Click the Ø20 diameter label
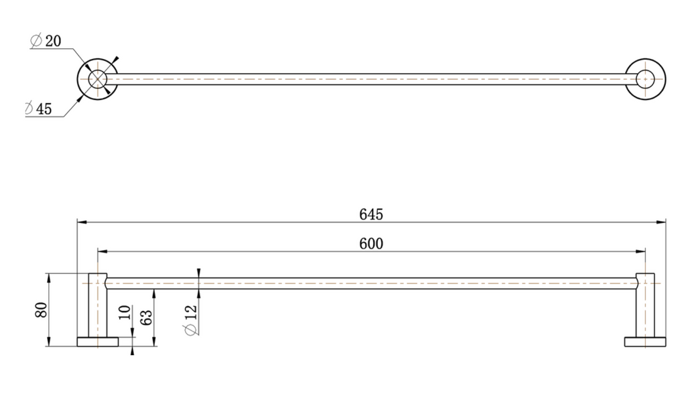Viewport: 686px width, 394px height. click(x=46, y=41)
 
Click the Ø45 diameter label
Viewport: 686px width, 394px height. click(x=38, y=108)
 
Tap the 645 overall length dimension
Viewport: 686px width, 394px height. click(x=371, y=214)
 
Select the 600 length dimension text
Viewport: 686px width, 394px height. click(x=371, y=243)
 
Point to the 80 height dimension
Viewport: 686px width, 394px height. click(x=42, y=310)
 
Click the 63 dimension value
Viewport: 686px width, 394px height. click(x=147, y=318)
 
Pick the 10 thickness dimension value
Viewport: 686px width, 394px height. click(x=125, y=312)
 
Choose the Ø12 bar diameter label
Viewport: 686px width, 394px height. click(x=191, y=320)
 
